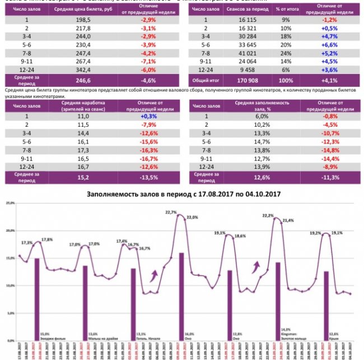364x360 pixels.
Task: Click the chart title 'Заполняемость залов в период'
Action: [x=183, y=193]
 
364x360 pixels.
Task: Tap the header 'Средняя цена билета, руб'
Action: [x=82, y=11]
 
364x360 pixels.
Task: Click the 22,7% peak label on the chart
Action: [x=171, y=212]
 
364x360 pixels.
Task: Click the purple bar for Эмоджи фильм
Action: [x=37, y=297]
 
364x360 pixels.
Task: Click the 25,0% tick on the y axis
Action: [x=9, y=203]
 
